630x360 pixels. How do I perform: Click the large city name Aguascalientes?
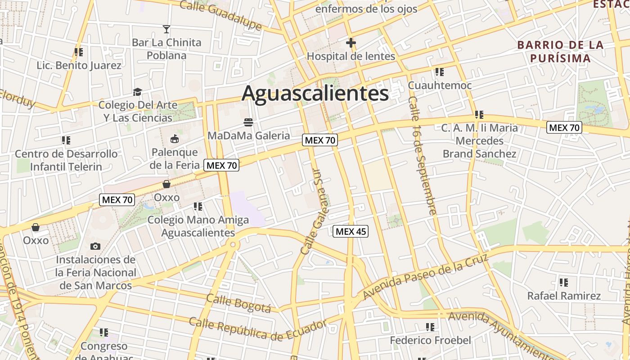(315, 94)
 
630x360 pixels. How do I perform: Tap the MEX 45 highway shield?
(351, 231)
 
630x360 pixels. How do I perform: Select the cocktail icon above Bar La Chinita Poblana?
(166, 30)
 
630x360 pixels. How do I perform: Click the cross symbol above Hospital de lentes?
(351, 43)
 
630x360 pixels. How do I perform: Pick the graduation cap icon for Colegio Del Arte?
(137, 92)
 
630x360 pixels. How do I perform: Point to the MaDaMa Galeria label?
(248, 135)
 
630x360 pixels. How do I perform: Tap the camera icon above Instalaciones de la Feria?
(95, 246)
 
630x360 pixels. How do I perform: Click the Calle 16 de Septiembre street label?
(423, 155)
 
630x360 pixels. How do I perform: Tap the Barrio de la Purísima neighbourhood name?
(560, 51)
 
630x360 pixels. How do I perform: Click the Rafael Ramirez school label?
(564, 296)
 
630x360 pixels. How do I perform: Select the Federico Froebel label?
(430, 340)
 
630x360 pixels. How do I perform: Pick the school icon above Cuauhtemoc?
(440, 72)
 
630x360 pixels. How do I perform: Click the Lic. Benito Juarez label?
(79, 65)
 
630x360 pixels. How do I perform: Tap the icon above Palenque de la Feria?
(175, 139)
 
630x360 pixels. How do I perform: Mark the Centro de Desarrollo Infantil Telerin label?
(66, 160)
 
